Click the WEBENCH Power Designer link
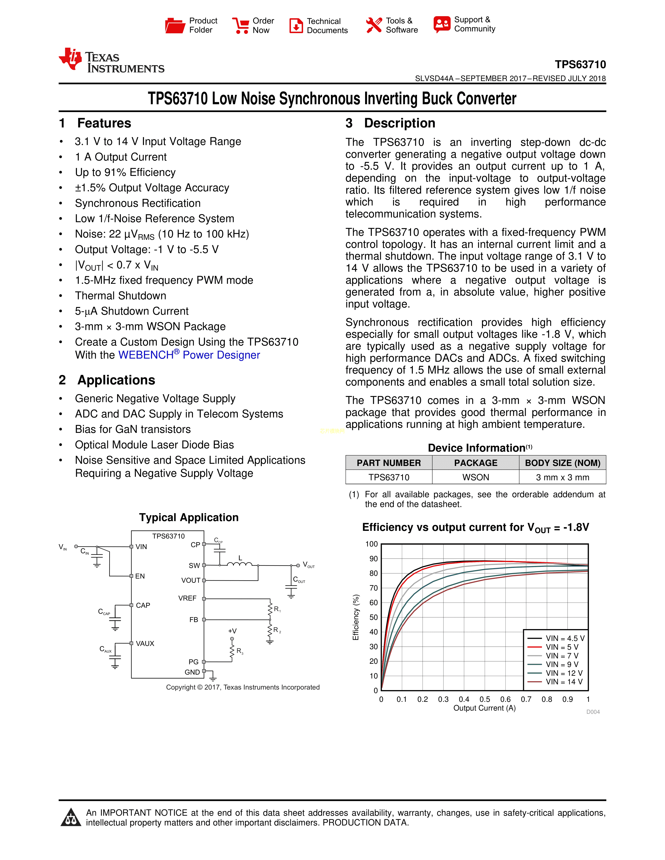[x=189, y=355]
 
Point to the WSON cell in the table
[x=475, y=477]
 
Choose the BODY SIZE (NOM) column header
[x=562, y=463]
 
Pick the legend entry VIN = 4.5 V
[x=565, y=638]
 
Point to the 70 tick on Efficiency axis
[x=373, y=588]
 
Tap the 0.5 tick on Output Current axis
[x=485, y=699]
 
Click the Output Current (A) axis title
[x=484, y=708]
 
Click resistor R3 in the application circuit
[x=232, y=652]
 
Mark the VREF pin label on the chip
[x=187, y=598]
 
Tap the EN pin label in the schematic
[x=140, y=576]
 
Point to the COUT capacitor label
[x=299, y=580]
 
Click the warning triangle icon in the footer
[x=71, y=818]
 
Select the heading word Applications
[x=116, y=380]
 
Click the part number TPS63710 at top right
[x=580, y=65]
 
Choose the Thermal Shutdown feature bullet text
[x=120, y=296]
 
